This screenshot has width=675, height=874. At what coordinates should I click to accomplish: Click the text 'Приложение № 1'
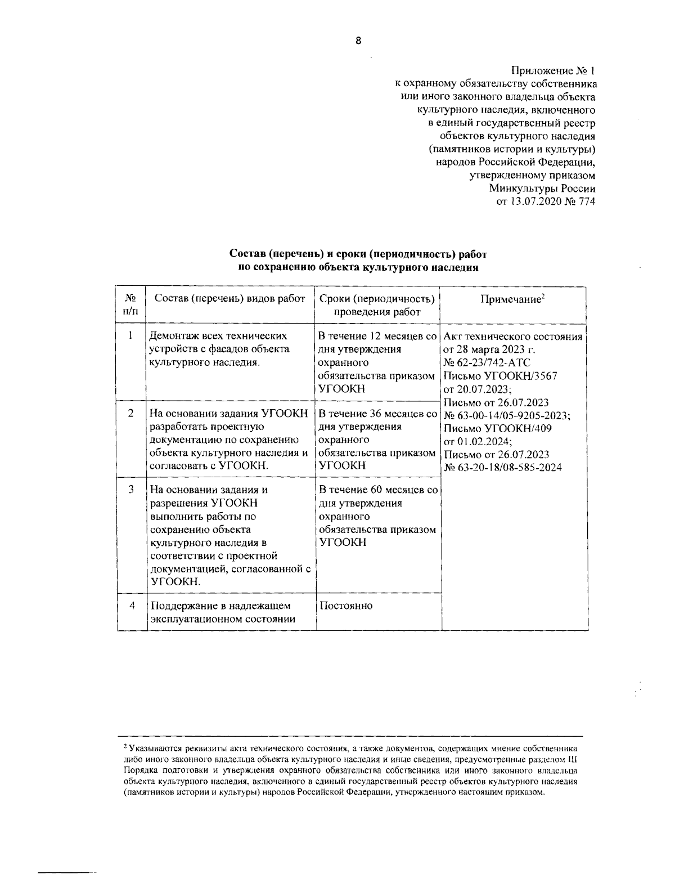tap(552, 71)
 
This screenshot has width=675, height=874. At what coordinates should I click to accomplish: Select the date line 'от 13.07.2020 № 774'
tap(544, 201)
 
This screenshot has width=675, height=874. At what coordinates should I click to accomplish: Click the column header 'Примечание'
tap(511, 299)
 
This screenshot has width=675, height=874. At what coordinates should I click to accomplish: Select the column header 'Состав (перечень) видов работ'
tap(229, 298)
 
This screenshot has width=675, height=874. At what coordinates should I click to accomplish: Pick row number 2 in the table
tap(130, 413)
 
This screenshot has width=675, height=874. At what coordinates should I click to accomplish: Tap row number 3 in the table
tap(130, 490)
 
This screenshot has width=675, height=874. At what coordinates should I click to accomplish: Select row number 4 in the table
tap(131, 606)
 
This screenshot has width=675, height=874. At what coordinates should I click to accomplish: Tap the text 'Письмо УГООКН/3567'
tap(500, 376)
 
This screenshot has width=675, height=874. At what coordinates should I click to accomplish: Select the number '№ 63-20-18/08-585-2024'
tap(503, 467)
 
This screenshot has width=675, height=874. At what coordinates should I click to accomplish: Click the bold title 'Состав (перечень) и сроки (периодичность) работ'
tap(358, 254)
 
